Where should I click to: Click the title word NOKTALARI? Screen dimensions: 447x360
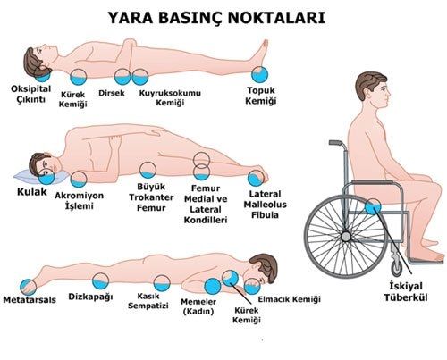276,18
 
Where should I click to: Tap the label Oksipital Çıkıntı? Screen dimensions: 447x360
31,94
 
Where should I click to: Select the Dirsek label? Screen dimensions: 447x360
112,93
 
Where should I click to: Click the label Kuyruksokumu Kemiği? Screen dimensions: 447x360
170,98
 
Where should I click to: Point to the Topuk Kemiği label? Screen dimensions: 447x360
261,96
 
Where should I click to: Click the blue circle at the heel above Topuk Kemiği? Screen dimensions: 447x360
260,74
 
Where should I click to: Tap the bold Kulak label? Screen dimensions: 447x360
32,192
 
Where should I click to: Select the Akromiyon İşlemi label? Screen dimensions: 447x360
80,201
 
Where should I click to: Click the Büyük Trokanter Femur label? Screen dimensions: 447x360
151,197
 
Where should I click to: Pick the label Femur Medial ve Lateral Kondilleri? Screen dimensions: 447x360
206,205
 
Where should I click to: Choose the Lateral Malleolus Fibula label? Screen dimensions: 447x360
265,205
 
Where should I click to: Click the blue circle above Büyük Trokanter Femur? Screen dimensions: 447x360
148,171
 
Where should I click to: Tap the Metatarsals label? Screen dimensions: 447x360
30,299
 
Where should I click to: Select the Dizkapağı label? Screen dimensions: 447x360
90,297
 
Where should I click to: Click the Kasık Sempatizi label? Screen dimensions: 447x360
148,301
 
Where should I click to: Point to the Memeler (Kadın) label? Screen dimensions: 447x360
198,306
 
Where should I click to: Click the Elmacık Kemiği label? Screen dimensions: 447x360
289,299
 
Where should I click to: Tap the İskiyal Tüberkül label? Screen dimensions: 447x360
406,292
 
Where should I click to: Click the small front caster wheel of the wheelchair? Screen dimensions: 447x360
397,268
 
